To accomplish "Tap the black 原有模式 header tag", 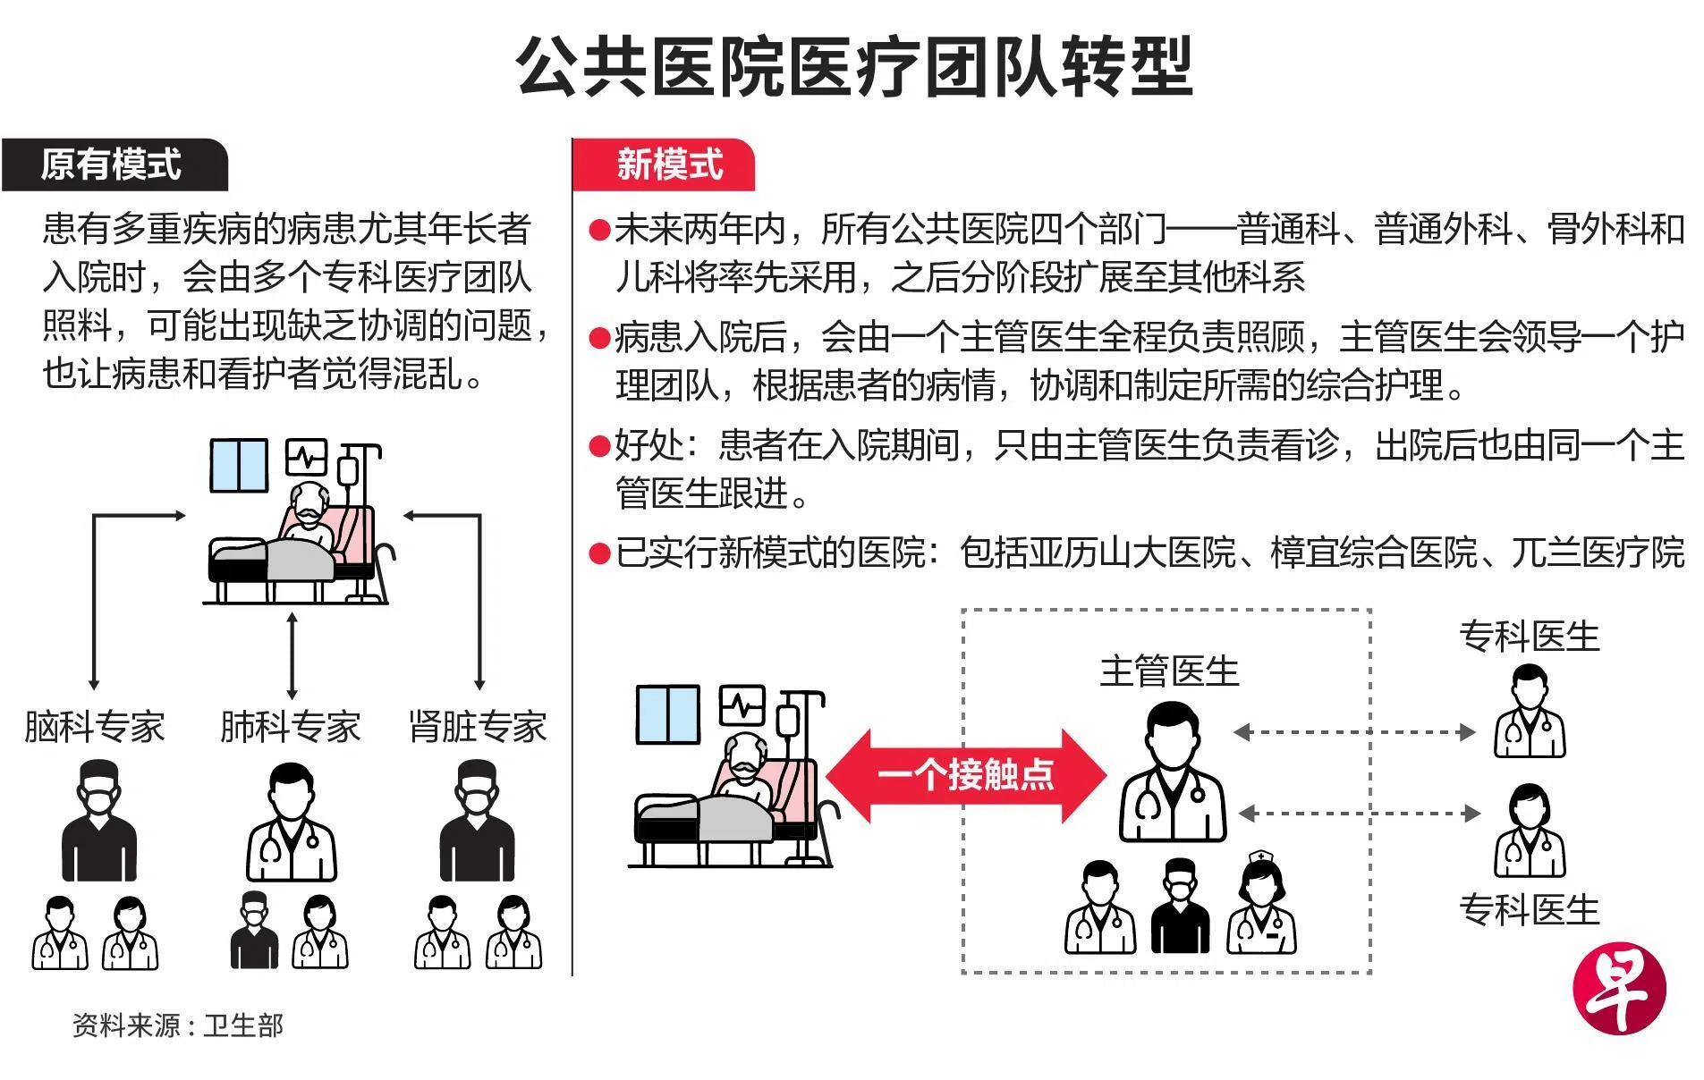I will [113, 165].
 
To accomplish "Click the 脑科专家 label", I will [95, 727].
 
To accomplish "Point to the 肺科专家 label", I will [290, 727].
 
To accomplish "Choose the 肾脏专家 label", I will [478, 727].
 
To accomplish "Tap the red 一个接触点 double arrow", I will [966, 774].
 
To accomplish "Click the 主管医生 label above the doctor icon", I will [1169, 671].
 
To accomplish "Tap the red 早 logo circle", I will [1620, 990].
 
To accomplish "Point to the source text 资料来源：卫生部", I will [178, 1025].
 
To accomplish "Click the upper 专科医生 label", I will [1529, 637].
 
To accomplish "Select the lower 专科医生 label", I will [1529, 910].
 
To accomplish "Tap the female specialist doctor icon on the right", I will [1530, 831].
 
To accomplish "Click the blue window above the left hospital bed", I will [238, 466].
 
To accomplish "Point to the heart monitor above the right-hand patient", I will [742, 706].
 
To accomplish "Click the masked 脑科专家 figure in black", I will [98, 821].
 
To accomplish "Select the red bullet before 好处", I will [598, 445].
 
